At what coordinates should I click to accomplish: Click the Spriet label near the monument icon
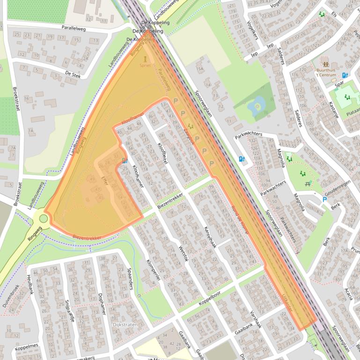145,66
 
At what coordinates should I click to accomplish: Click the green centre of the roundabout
44,218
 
